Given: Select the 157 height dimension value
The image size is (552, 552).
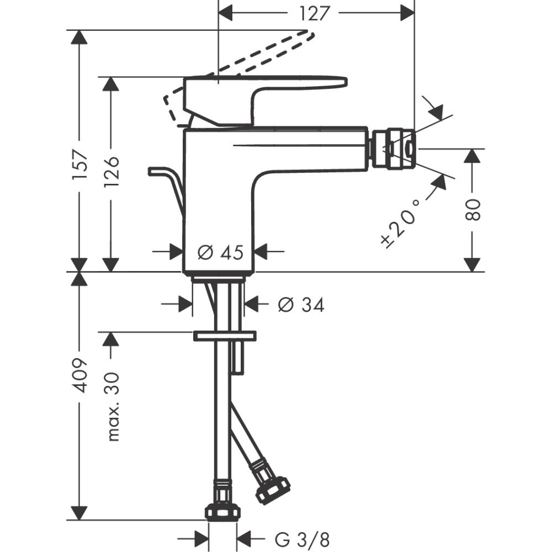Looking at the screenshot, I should click(81, 164).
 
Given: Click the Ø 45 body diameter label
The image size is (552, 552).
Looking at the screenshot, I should click(220, 252).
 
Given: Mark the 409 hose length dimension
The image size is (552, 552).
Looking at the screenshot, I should click(81, 375).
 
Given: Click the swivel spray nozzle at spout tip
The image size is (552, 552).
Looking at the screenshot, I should click(392, 148).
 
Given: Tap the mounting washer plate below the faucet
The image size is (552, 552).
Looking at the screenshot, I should click(224, 335).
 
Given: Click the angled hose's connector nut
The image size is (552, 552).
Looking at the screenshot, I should click(272, 487).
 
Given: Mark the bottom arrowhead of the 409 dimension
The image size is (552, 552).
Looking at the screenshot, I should click(81, 513).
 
